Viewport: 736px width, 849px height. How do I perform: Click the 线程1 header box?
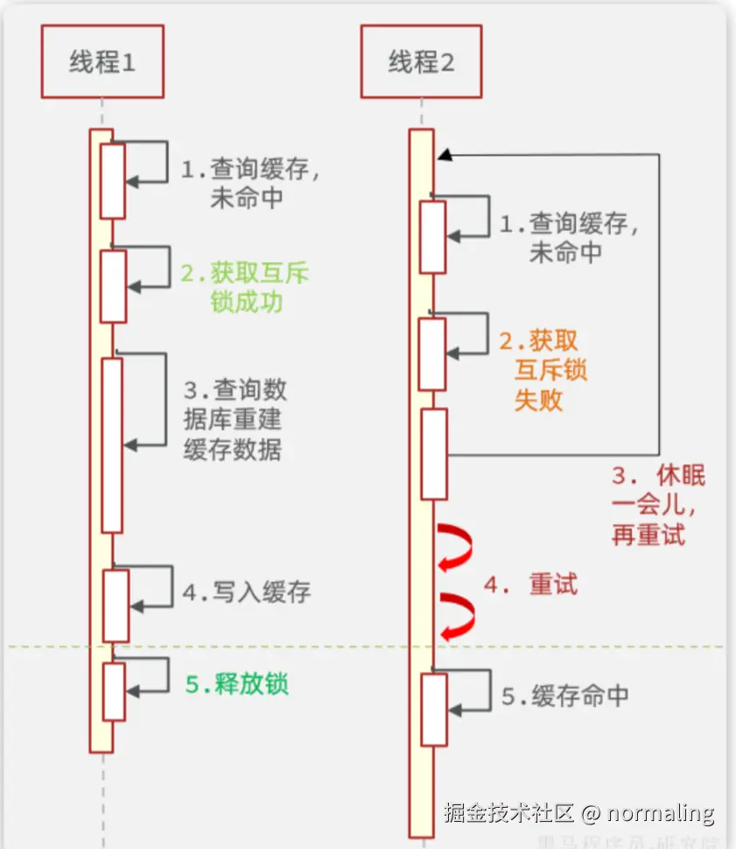click(102, 62)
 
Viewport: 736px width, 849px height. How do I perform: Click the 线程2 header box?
click(421, 62)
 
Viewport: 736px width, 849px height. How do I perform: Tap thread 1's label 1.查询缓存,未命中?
click(249, 183)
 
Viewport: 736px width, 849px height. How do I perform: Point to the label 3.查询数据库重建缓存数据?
click(234, 418)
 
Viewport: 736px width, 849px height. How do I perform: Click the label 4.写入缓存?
click(246, 593)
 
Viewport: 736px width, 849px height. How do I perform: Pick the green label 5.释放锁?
click(236, 684)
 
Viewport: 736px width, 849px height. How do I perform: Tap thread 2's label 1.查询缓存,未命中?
click(569, 237)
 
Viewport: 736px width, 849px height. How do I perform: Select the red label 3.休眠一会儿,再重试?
click(657, 505)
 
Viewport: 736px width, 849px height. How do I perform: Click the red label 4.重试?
click(530, 585)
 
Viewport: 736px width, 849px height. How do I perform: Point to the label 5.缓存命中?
click(564, 696)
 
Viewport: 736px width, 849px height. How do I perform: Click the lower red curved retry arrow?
click(457, 616)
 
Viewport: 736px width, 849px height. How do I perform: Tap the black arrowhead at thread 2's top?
click(445, 154)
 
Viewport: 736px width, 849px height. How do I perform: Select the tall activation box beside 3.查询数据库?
click(111, 445)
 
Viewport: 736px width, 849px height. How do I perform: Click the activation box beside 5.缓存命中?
click(434, 709)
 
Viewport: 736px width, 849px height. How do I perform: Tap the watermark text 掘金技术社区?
click(508, 812)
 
